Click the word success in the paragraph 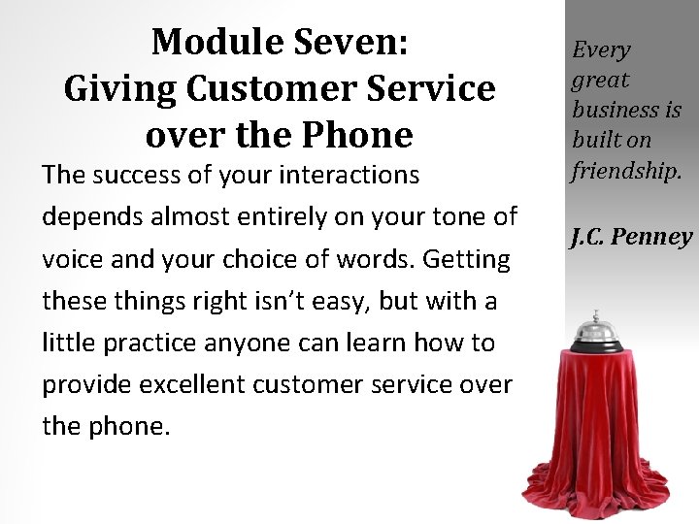133,176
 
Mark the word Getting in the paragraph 467,260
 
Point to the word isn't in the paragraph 287,301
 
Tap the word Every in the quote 601,49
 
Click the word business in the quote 614,111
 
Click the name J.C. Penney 631,236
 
